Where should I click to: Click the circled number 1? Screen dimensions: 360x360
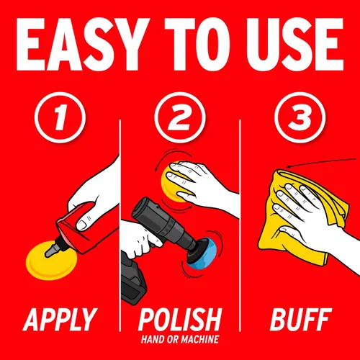[60, 117]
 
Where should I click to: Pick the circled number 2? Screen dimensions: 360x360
[180, 117]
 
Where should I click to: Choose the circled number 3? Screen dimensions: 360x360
[300, 117]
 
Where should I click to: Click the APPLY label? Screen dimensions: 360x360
[60, 320]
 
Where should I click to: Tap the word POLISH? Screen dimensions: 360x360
[180, 320]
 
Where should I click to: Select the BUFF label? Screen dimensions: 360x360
[301, 320]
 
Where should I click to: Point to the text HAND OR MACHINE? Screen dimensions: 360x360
[180, 339]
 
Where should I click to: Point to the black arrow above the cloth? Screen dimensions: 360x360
[322, 162]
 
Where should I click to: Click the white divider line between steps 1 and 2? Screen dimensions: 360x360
[120, 225]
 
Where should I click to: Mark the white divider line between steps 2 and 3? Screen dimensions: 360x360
[240, 225]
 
